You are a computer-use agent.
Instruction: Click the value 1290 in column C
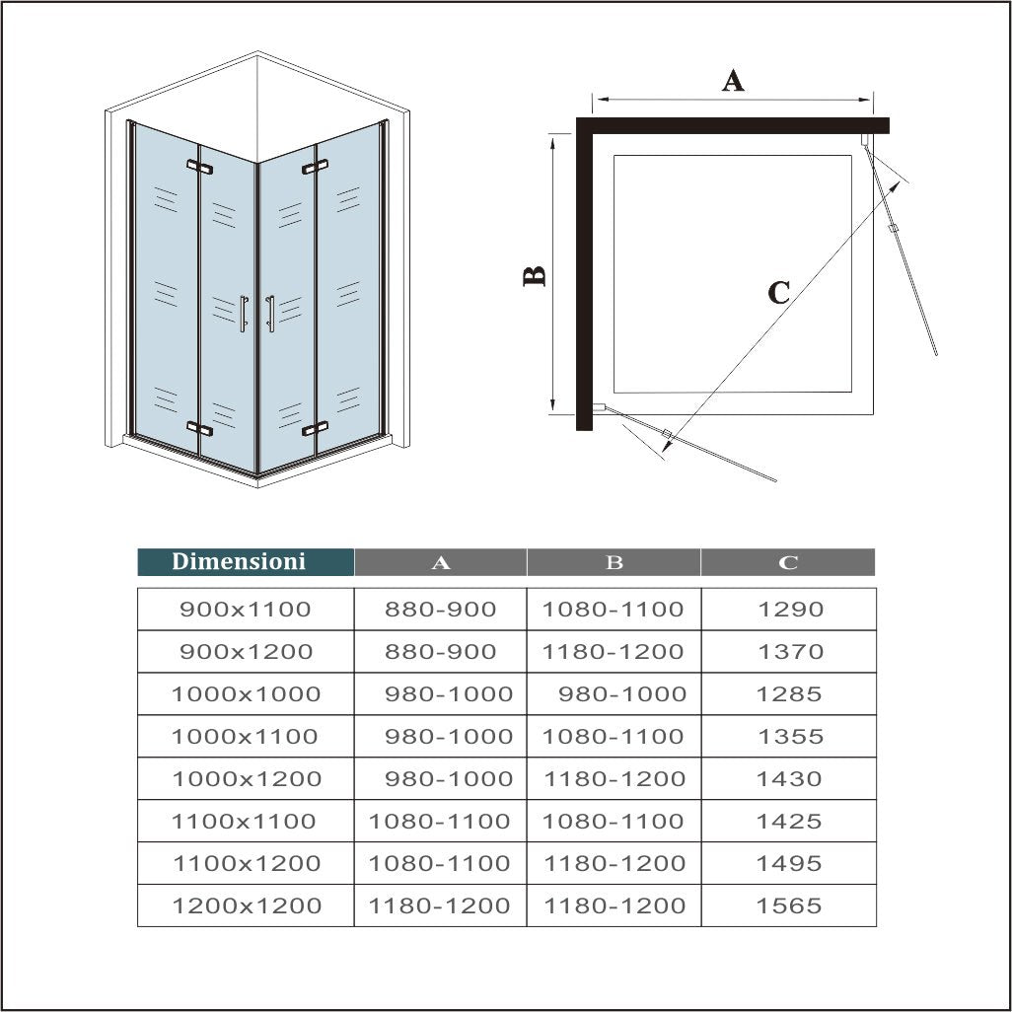[789, 610]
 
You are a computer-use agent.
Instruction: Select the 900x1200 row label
[246, 652]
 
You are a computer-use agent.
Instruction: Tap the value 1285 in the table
[789, 694]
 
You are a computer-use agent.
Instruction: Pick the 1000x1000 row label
[246, 694]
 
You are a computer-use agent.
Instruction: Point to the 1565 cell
[789, 905]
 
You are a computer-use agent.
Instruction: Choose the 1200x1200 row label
[247, 905]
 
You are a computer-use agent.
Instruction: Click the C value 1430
[789, 779]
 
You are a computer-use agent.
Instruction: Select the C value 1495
[789, 863]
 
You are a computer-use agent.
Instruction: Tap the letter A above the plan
[733, 80]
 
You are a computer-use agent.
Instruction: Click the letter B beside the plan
[535, 276]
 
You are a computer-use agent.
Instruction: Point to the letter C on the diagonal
[778, 292]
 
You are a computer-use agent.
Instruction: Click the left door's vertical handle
[244, 314]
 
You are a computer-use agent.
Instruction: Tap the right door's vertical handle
[270, 314]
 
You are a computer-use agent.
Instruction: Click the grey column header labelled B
[614, 562]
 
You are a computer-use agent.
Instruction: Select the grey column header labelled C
[788, 562]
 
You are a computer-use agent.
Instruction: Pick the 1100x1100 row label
[245, 822]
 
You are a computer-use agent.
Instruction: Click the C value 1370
[789, 652]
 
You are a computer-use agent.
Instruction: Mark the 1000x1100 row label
[245, 737]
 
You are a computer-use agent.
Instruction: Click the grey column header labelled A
[441, 562]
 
